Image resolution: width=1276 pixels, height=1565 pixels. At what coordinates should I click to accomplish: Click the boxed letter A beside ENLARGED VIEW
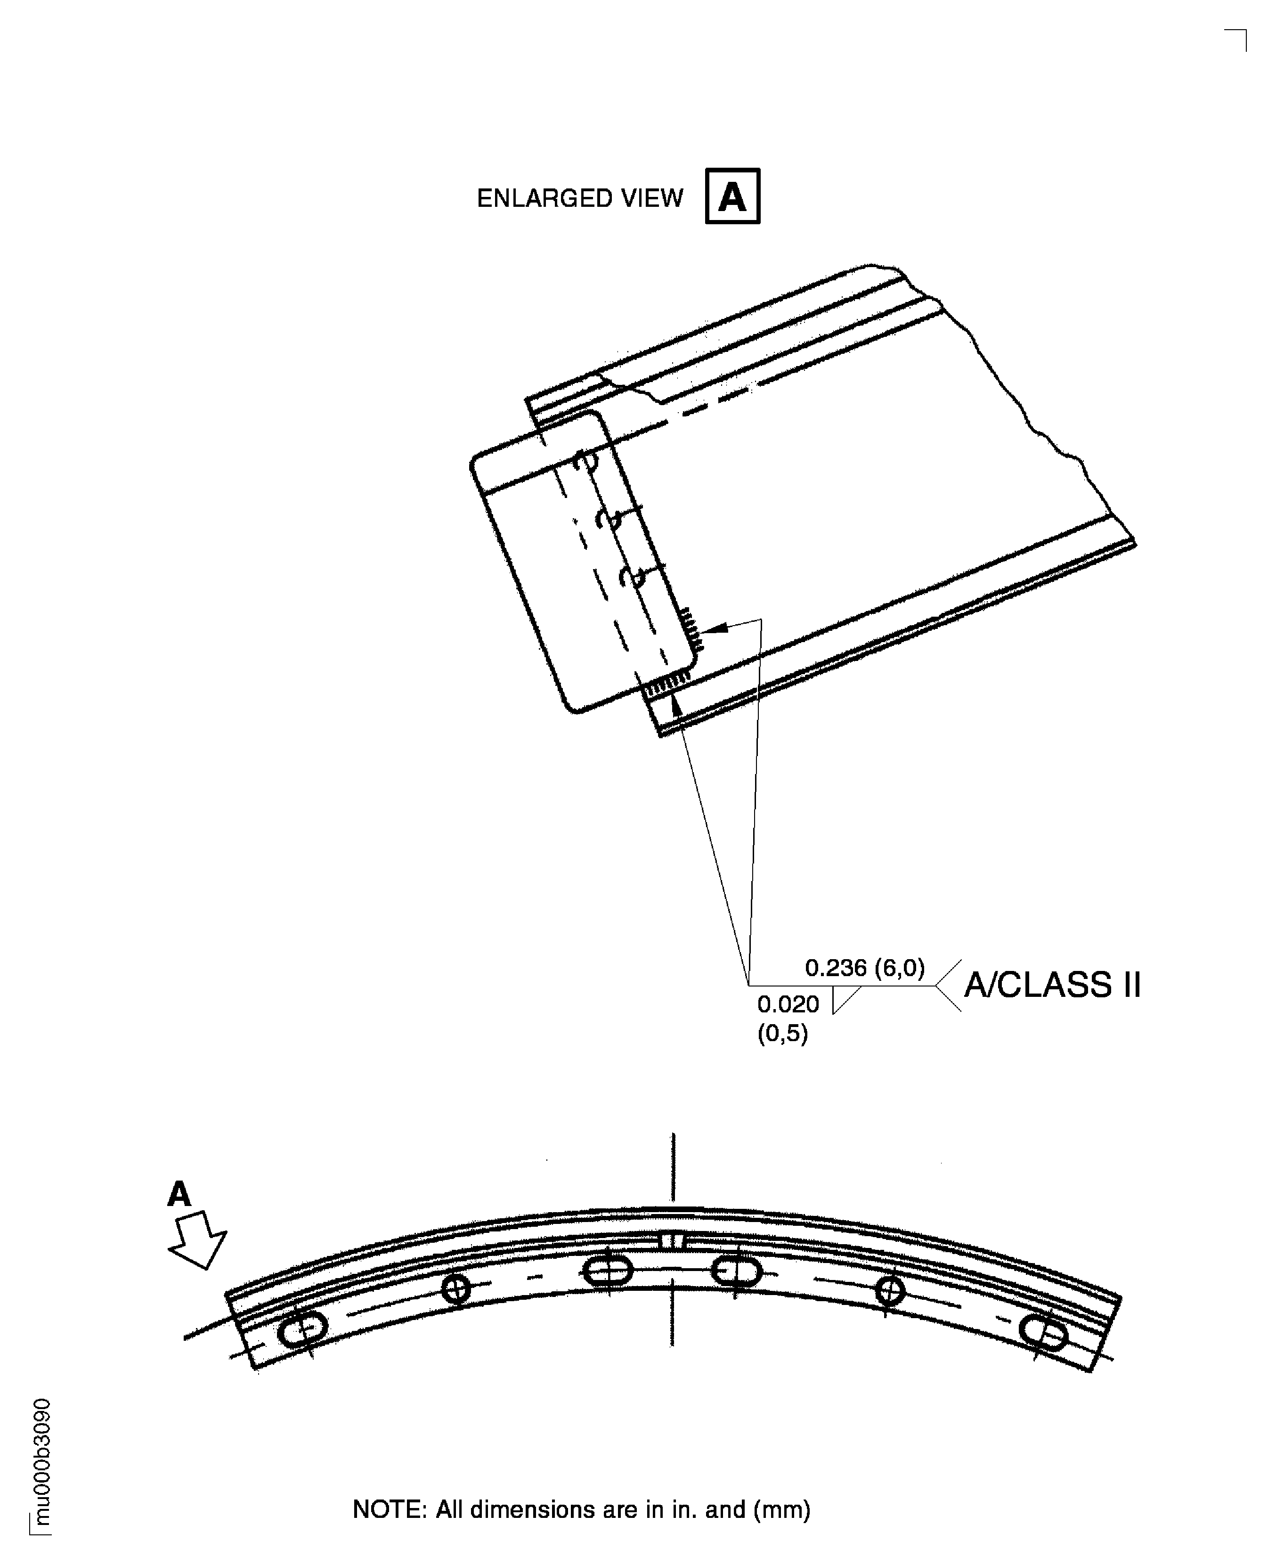click(x=732, y=196)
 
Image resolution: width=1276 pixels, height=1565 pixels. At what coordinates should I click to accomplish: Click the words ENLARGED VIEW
click(x=580, y=198)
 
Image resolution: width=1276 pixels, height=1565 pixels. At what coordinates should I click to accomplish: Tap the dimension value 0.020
click(x=788, y=1004)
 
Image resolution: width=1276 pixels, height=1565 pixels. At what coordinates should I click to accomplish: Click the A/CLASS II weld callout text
click(x=1052, y=985)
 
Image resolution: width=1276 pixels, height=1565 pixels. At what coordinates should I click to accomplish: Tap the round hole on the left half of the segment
click(x=456, y=1288)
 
